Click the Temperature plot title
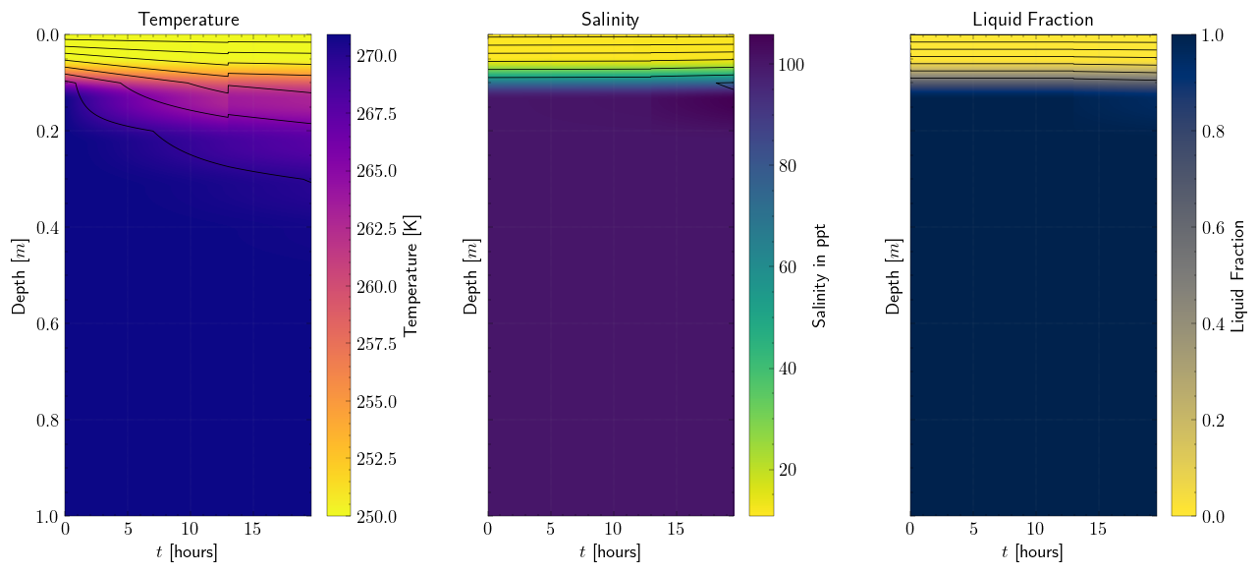tap(189, 20)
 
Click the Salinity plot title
tap(611, 20)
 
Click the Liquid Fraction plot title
tap(1033, 20)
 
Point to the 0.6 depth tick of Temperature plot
tap(47, 324)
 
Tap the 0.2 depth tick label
tap(47, 132)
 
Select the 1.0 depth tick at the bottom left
tap(47, 516)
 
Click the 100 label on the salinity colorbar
tap(792, 65)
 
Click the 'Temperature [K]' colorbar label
tap(411, 275)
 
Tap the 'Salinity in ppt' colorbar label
tap(820, 275)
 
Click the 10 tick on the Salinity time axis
tap(613, 530)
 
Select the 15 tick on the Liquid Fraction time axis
tap(1098, 530)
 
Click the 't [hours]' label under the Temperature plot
tap(188, 552)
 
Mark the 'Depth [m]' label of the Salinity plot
tap(470, 275)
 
